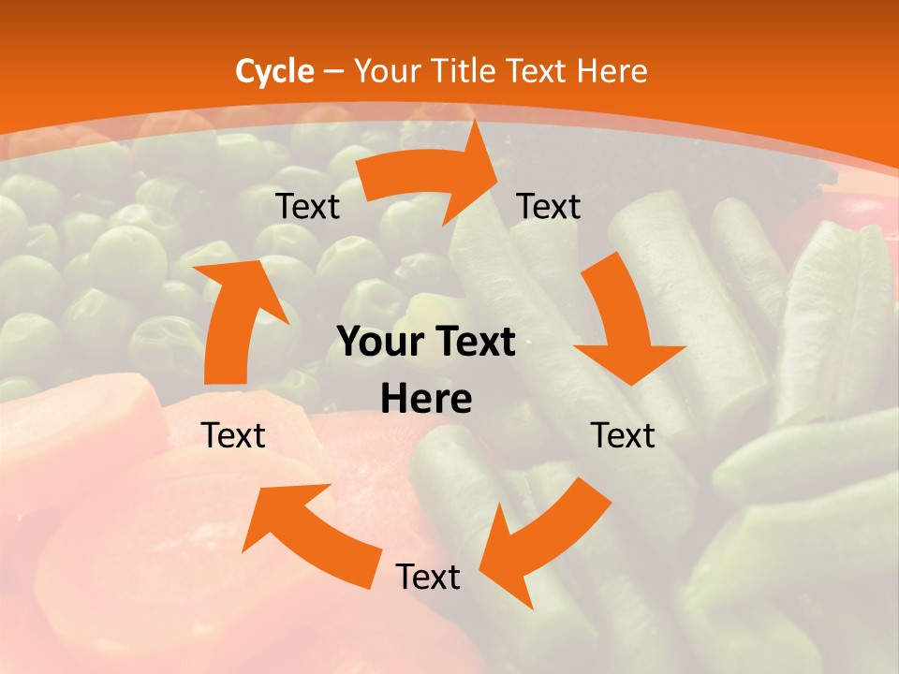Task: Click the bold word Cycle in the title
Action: point(274,71)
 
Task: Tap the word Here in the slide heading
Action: point(612,71)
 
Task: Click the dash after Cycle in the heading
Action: point(333,71)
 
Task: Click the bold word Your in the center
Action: point(377,343)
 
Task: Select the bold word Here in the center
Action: point(426,400)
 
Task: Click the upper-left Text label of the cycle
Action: point(307,207)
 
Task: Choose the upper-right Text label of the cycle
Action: point(549,206)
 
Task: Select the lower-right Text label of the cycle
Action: point(623,435)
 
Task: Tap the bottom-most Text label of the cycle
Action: point(428,577)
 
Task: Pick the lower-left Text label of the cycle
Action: point(233,435)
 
